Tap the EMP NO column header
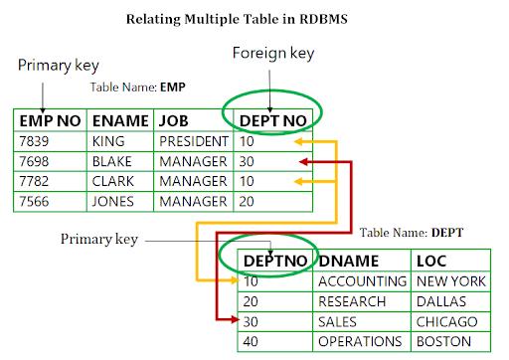tap(50, 121)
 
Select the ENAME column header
tap(118, 121)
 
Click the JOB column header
tap(175, 121)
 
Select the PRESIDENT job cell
tap(193, 143)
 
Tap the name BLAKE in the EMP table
tap(110, 162)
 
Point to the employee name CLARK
tap(111, 181)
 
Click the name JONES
tap(111, 200)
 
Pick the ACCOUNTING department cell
tap(362, 282)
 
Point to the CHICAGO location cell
tap(446, 320)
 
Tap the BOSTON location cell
tap(443, 340)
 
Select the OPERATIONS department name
tap(361, 340)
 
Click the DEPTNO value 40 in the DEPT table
tap(252, 340)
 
